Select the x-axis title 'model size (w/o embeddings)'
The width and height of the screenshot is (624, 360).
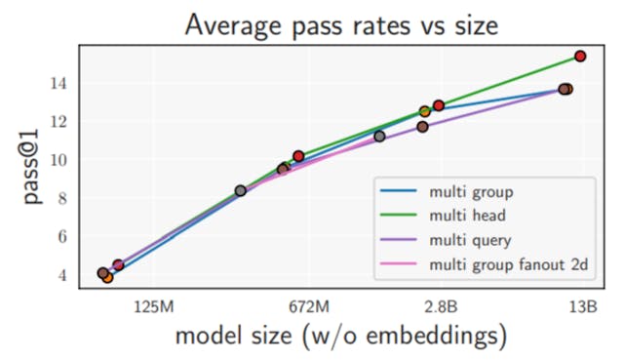(x=340, y=337)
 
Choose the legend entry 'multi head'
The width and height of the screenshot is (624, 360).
(x=469, y=216)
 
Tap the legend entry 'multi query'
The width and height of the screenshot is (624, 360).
(x=472, y=240)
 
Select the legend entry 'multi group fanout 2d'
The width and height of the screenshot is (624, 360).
(x=507, y=264)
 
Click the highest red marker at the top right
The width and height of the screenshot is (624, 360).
(x=580, y=57)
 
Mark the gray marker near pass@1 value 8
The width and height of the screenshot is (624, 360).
(x=241, y=191)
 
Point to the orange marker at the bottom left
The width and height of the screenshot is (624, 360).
(x=107, y=278)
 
